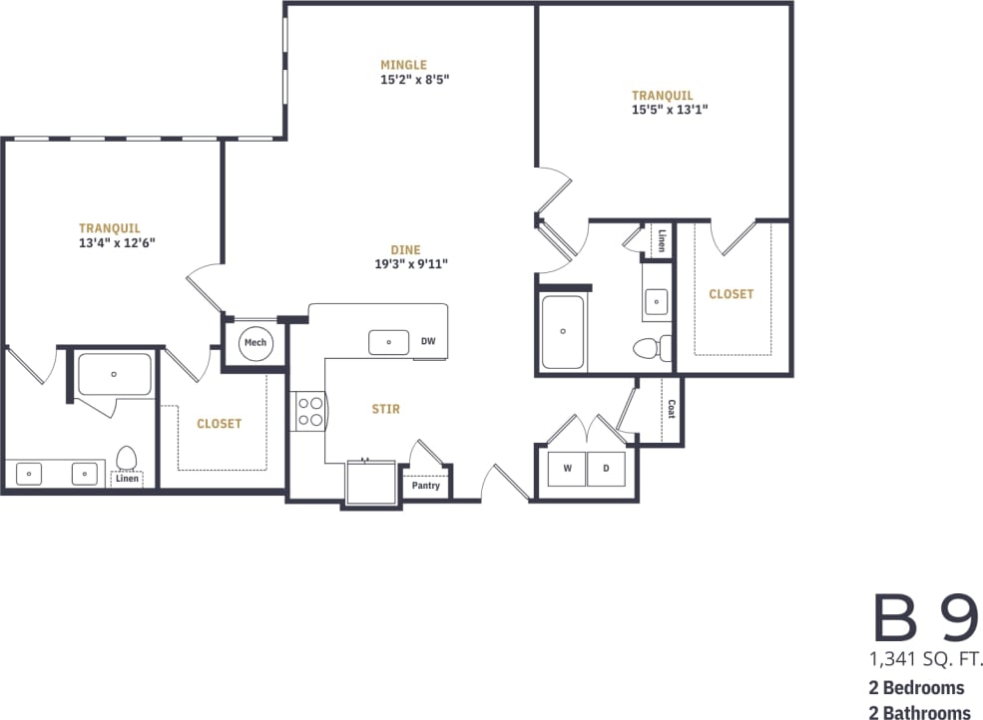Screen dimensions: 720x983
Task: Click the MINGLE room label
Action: (403, 65)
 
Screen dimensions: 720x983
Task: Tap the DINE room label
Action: (405, 249)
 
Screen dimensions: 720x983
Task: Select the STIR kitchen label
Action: (386, 409)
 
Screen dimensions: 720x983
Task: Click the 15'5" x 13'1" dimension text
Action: (669, 111)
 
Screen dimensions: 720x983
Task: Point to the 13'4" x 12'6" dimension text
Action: (117, 242)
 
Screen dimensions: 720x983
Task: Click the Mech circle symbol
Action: (255, 343)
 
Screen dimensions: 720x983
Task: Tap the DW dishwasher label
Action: (428, 341)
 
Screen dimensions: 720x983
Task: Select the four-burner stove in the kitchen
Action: (309, 411)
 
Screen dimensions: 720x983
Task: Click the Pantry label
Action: (426, 486)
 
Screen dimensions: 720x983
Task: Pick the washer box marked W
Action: (567, 468)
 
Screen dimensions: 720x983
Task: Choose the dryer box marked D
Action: (605, 468)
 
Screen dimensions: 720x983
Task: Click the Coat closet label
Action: (671, 409)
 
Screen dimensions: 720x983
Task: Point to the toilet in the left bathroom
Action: (127, 458)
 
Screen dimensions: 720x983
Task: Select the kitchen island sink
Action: (388, 342)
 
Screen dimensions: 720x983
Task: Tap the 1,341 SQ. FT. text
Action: (927, 659)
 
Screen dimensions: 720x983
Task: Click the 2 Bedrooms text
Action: (916, 688)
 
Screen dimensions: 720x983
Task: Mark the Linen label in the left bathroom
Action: (127, 479)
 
